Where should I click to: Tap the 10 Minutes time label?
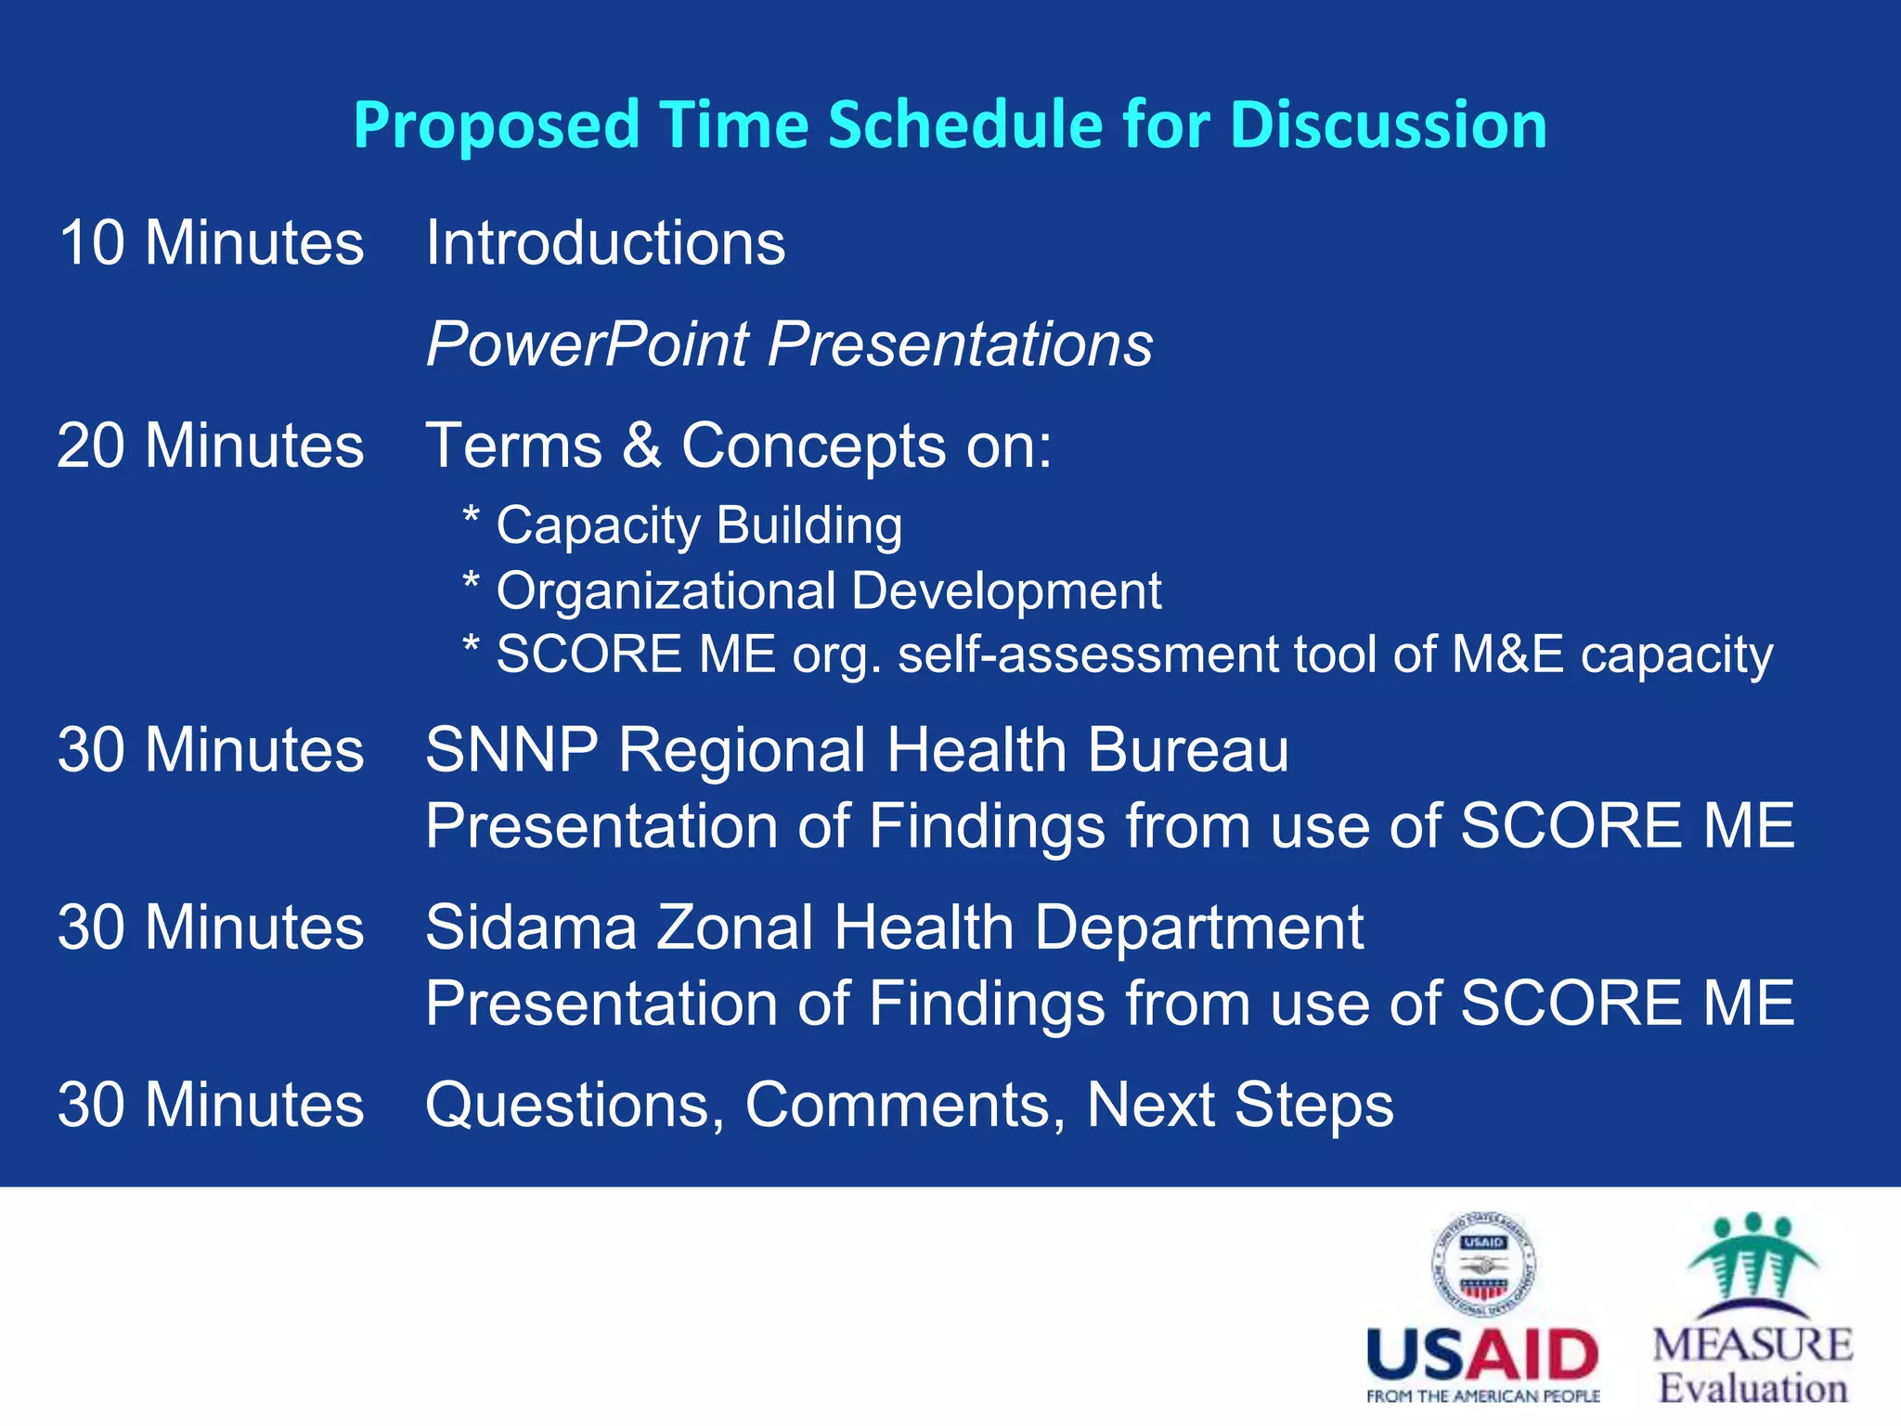pyautogui.click(x=211, y=243)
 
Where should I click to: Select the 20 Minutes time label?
pyautogui.click(x=211, y=446)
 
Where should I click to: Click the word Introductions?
pyautogui.click(x=605, y=243)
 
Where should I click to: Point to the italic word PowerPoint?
pyautogui.click(x=587, y=344)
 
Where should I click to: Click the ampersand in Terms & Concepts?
pyautogui.click(x=641, y=446)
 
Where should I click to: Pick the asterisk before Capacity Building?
pyautogui.click(x=471, y=516)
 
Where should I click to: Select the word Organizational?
pyautogui.click(x=666, y=591)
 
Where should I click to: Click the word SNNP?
pyautogui.click(x=511, y=750)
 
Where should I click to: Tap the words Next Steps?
pyautogui.click(x=1240, y=1105)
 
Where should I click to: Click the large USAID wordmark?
pyautogui.click(x=1482, y=1355)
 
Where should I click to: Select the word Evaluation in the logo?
pyautogui.click(x=1752, y=1388)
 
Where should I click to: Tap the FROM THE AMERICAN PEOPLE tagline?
pyautogui.click(x=1482, y=1396)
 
